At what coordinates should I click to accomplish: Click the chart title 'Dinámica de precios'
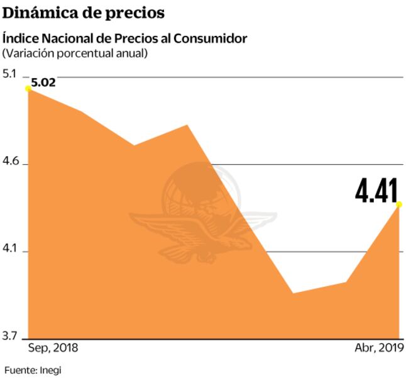coord(84,12)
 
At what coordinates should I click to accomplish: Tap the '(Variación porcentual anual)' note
coord(75,53)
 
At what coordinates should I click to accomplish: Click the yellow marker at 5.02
coord(28,89)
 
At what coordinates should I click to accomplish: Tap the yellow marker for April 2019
coord(399,204)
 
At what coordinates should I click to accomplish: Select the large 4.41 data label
coord(376,191)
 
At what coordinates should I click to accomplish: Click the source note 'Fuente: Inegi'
coord(33,370)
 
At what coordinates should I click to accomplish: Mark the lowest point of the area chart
coord(293,293)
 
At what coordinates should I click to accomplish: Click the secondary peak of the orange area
coord(187,125)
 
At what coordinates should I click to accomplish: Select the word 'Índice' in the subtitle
coord(20,38)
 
